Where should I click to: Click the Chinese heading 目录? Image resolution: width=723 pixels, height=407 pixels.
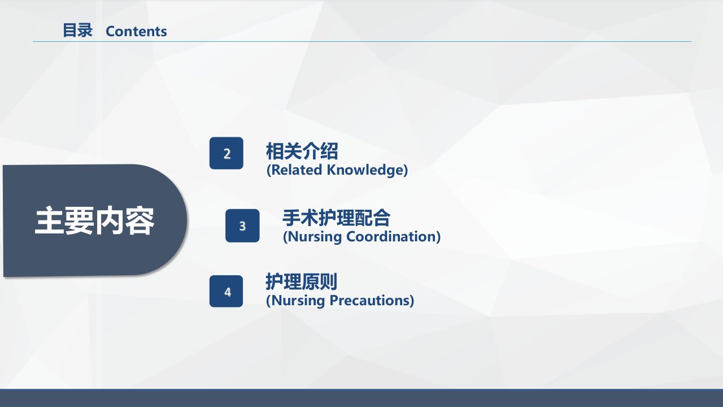(x=77, y=31)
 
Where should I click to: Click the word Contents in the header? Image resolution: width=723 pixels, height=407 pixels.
(x=136, y=31)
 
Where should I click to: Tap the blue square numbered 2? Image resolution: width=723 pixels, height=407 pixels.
(x=227, y=153)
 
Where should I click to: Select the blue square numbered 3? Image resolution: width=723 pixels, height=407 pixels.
(x=242, y=226)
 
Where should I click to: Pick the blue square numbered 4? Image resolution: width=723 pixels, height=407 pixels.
(x=226, y=291)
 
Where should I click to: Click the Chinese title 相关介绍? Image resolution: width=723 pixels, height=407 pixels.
(x=302, y=151)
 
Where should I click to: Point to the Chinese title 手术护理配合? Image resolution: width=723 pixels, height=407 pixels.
(x=336, y=218)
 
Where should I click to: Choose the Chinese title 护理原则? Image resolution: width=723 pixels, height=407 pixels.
(x=302, y=282)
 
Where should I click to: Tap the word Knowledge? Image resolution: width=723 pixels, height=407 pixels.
(x=365, y=170)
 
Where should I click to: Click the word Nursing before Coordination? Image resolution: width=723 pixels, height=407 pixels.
(x=315, y=237)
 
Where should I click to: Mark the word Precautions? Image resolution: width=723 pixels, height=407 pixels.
(x=369, y=300)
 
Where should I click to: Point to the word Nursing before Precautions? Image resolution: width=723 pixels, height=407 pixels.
(x=298, y=301)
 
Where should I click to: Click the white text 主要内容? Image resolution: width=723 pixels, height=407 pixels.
(x=94, y=221)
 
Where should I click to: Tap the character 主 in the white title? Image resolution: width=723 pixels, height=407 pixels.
(x=49, y=221)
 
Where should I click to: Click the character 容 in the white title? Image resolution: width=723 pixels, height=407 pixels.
(x=140, y=221)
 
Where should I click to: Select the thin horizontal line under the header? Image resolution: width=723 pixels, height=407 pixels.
(x=362, y=42)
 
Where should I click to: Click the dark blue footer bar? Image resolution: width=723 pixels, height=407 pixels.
(x=361, y=398)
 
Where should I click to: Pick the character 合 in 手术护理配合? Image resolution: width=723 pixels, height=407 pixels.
(x=381, y=218)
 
